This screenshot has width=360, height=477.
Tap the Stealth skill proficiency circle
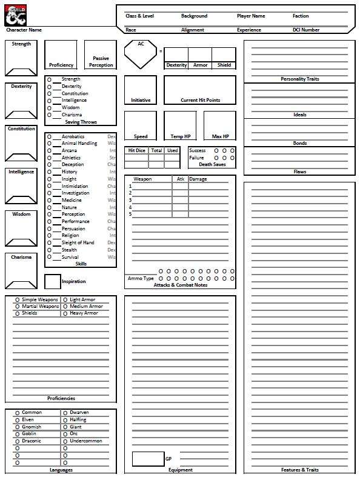pyautogui.click(x=49, y=250)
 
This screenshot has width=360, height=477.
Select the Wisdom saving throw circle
pyautogui.click(x=49, y=108)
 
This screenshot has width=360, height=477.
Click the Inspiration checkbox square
pyautogui.click(x=53, y=281)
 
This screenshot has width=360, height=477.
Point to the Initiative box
pyautogui.click(x=141, y=89)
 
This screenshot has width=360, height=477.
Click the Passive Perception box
pyautogui.click(x=100, y=55)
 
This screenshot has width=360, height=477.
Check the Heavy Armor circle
pyautogui.click(x=65, y=313)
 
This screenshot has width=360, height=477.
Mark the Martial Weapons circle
pyautogui.click(x=18, y=307)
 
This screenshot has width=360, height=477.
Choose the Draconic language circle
pyautogui.click(x=18, y=441)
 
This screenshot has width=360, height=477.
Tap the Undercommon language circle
pyautogui.click(x=65, y=441)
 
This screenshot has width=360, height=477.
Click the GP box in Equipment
pyautogui.click(x=148, y=459)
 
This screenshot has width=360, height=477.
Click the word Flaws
pyautogui.click(x=299, y=172)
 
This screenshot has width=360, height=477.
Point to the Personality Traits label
pyautogui.click(x=299, y=79)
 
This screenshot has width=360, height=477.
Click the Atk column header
pyautogui.click(x=181, y=179)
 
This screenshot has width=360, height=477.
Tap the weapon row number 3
pyautogui.click(x=130, y=200)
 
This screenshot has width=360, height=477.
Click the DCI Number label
pyautogui.click(x=306, y=30)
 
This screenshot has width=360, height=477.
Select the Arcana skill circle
pyautogui.click(x=49, y=151)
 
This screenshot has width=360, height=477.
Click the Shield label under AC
pyautogui.click(x=224, y=65)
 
